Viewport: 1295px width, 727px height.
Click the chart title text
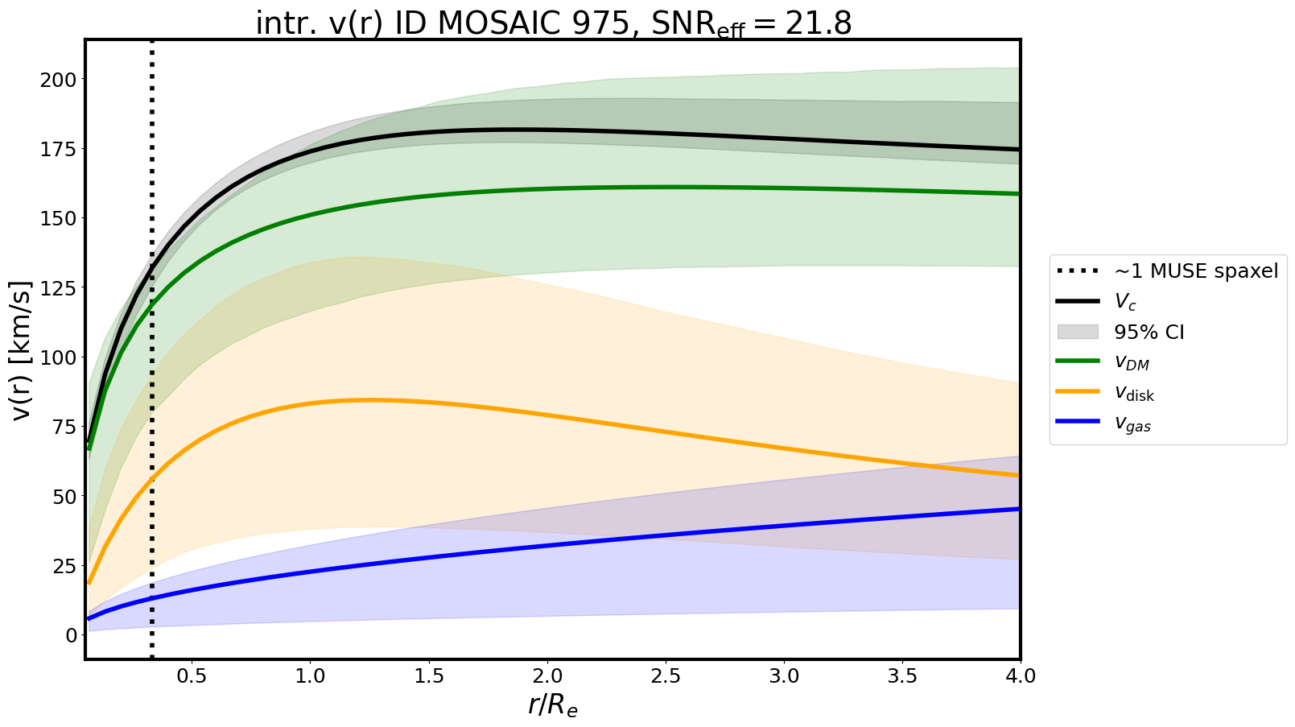click(x=553, y=23)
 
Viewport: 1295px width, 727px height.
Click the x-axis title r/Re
click(x=553, y=705)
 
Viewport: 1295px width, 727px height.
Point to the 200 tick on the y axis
click(x=60, y=80)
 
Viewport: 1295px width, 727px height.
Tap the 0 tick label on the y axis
click(x=71, y=635)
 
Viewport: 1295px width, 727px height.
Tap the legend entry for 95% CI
click(x=1149, y=333)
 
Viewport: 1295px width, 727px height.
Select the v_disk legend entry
click(x=1135, y=394)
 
